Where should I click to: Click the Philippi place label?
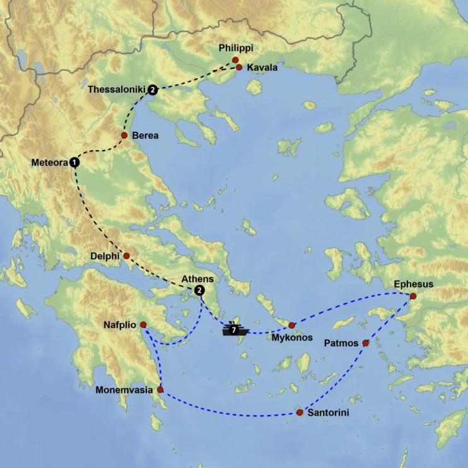235,48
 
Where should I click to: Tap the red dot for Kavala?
240,67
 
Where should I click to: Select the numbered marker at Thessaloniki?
153,90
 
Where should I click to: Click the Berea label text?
145,136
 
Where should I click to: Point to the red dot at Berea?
124,136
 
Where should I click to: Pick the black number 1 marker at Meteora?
75,162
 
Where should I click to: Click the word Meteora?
49,163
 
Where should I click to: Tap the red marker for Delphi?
126,256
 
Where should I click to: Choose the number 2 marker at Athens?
199,290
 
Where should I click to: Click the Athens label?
197,279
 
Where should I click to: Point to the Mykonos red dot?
291,325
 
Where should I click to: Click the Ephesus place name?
414,284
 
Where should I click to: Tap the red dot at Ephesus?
413,296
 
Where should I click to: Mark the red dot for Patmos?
366,343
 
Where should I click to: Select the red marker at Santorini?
299,412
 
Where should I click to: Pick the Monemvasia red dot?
160,390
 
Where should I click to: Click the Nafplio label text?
121,325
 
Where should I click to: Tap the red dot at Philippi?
235,60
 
